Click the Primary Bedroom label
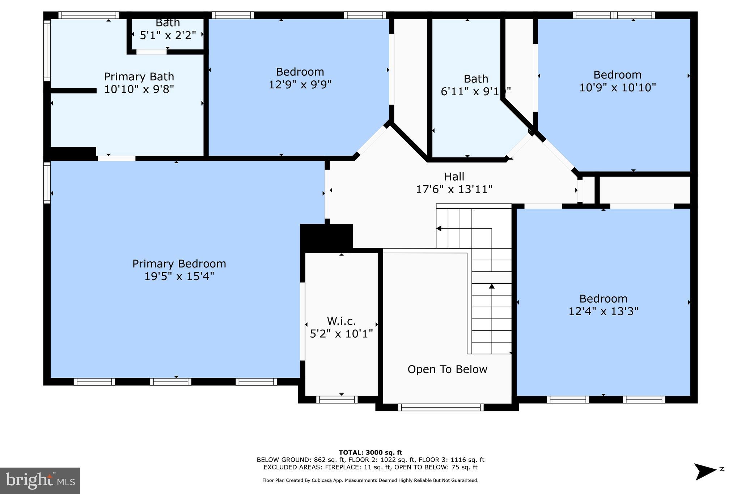[x=179, y=263]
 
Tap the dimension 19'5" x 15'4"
[x=179, y=276]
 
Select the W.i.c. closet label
[x=341, y=321]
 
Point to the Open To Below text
[x=447, y=369]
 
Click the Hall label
[x=454, y=177]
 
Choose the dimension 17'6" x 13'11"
[x=454, y=189]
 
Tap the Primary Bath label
[x=139, y=77]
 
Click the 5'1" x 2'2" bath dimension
[x=168, y=35]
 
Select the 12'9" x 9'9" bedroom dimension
[x=300, y=84]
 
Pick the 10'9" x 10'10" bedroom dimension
[x=617, y=88]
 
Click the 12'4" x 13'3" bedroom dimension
[x=603, y=311]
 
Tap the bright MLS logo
[x=40, y=480]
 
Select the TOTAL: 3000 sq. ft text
[x=370, y=452]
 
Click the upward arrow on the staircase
[x=492, y=287]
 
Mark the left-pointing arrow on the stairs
[x=439, y=228]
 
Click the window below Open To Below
[x=441, y=407]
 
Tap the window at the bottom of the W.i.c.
[x=337, y=400]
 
